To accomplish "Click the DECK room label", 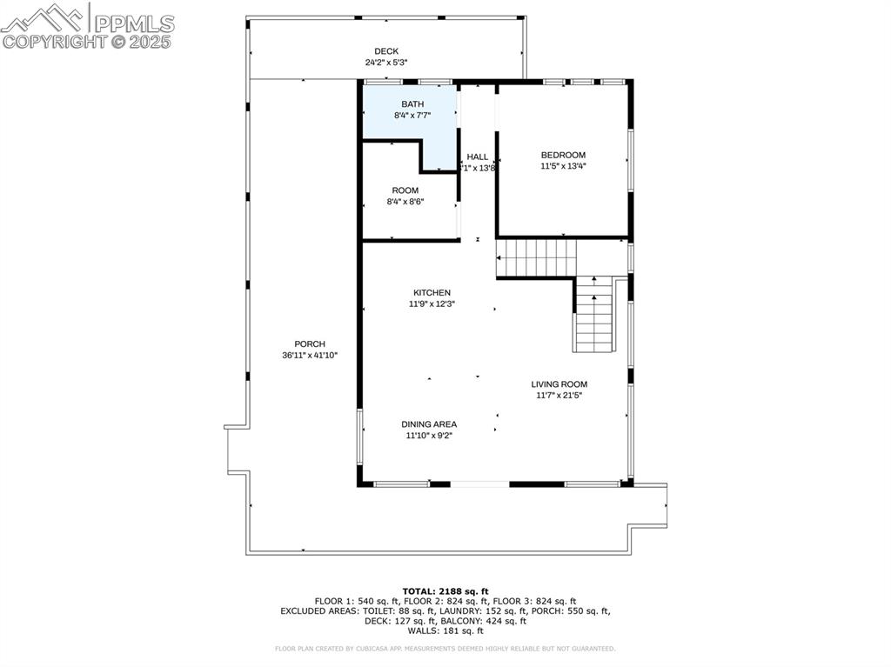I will tap(386, 51).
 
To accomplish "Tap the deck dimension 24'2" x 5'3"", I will tap(386, 63).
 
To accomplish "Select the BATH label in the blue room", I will tap(412, 103).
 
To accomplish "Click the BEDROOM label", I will tap(563, 155).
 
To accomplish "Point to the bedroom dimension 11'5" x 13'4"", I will tap(563, 166).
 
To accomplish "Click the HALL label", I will tap(478, 157).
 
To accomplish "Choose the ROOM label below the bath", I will tap(405, 190).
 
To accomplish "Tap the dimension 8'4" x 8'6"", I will tap(405, 202).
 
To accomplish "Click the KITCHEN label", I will tap(432, 293).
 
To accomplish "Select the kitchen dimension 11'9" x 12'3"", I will tap(432, 304).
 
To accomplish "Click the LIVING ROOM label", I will tap(559, 384).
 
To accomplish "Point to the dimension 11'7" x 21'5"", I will tap(559, 396).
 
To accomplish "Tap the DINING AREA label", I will tap(429, 424).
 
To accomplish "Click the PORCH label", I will tap(310, 344).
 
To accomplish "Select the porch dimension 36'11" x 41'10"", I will tap(310, 356).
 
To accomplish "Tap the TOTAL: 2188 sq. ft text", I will tap(445, 590).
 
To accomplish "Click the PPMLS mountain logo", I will tap(44, 17).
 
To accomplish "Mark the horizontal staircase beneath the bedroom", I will tap(536, 258).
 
